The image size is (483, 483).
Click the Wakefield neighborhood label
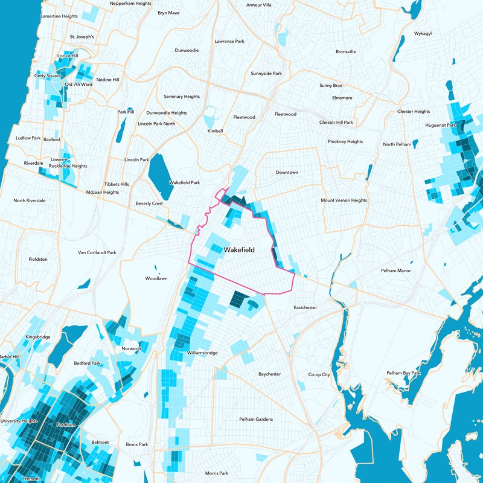238,249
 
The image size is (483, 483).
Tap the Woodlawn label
156,279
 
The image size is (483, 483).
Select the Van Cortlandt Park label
97,252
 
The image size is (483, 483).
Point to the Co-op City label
319,375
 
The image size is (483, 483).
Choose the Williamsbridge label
202,353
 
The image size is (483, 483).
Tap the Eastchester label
305,308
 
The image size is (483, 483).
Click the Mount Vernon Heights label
344,200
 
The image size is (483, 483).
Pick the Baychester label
269,374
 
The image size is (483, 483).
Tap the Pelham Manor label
395,270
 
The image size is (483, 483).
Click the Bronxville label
345,52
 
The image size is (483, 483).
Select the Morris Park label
216,473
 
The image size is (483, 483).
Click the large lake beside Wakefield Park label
159,173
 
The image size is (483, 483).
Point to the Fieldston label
37,259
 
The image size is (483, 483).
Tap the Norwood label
131,349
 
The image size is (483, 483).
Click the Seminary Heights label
182,97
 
